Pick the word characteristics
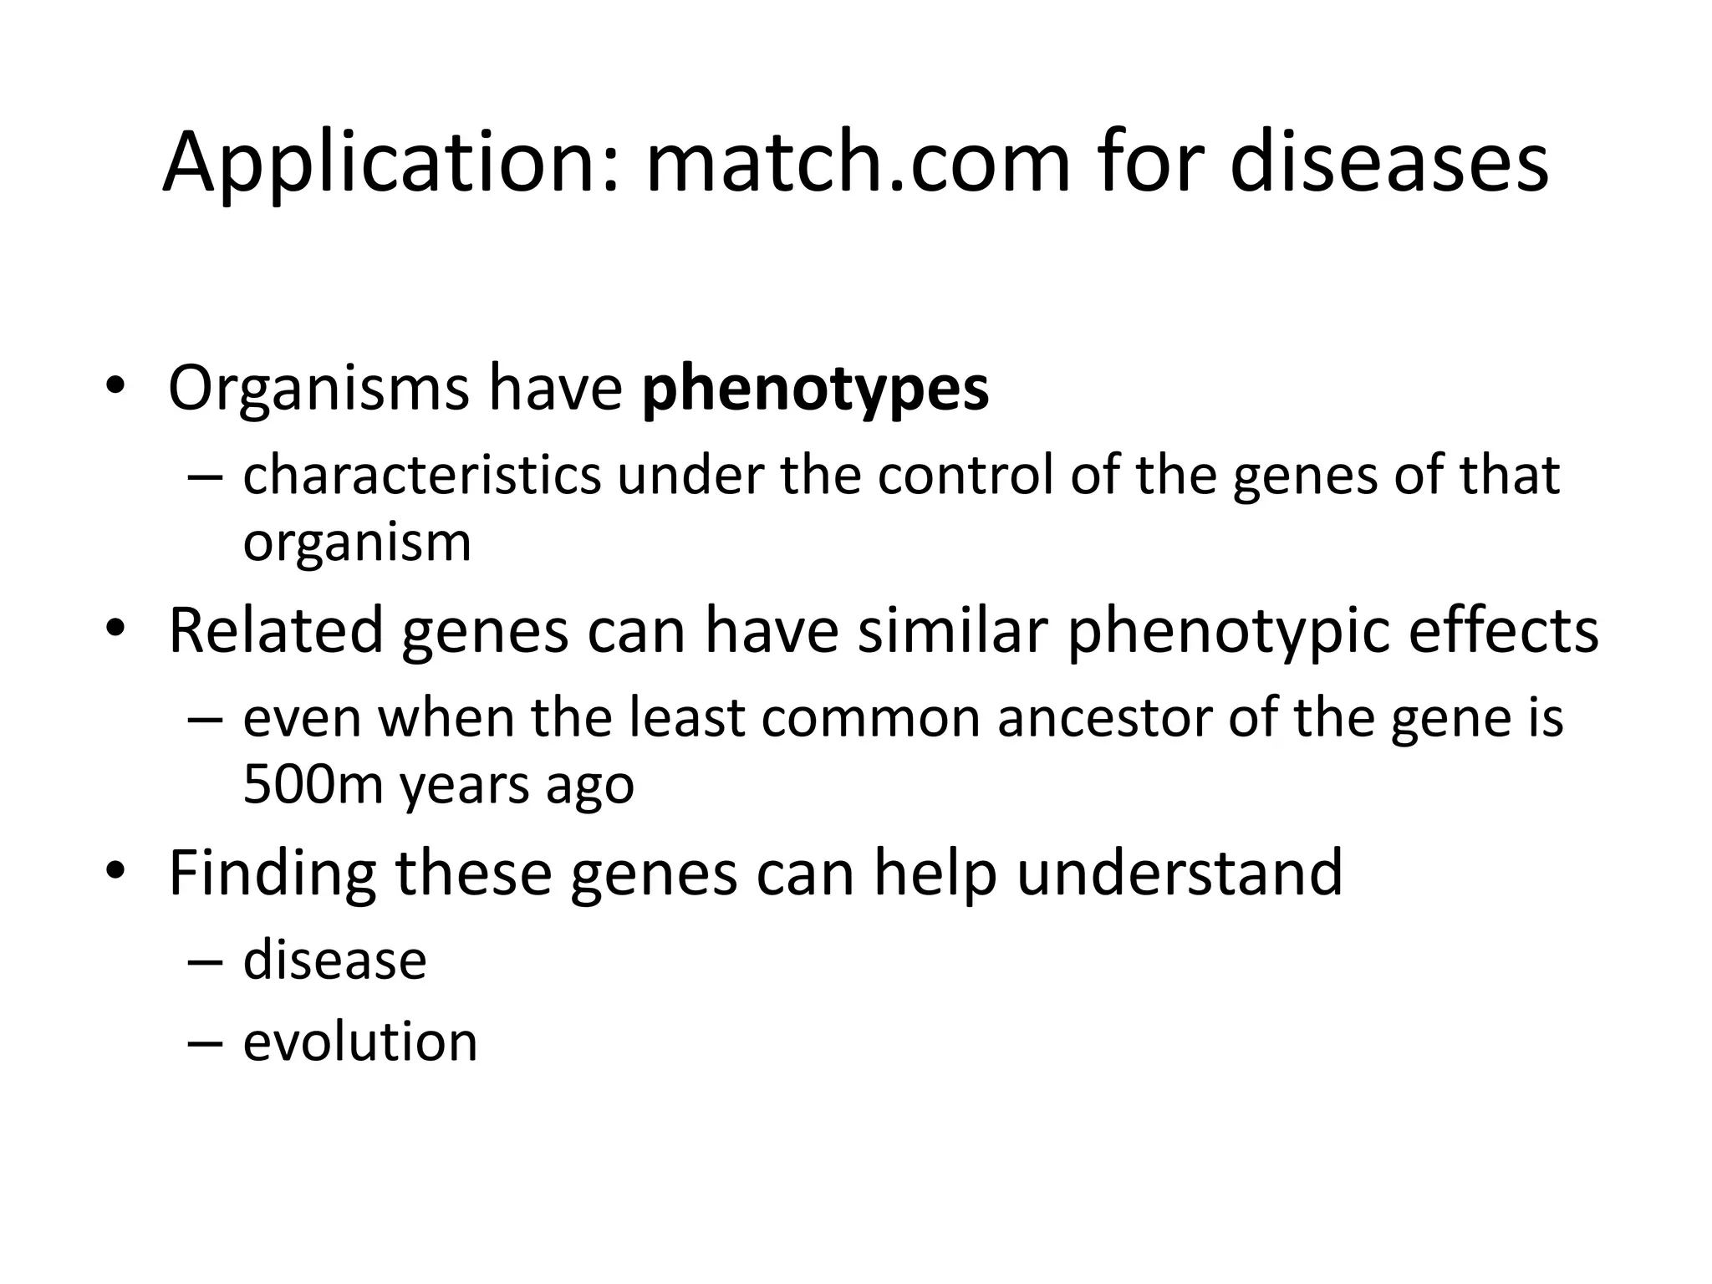(x=421, y=475)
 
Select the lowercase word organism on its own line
(x=357, y=543)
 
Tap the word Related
(x=275, y=631)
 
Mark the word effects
(x=1503, y=631)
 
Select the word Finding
(x=273, y=874)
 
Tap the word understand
(x=1179, y=874)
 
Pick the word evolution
(x=360, y=1042)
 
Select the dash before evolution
(x=206, y=1043)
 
